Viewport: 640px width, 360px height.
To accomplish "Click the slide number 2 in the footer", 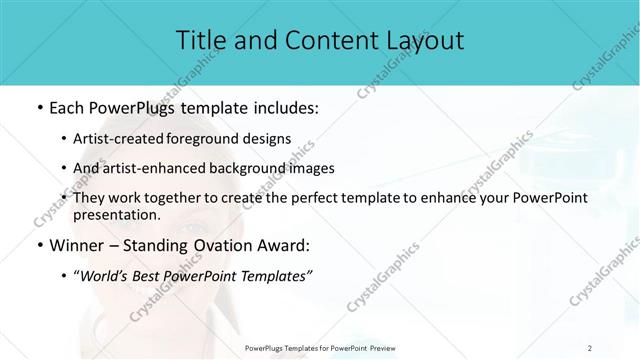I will [x=591, y=347].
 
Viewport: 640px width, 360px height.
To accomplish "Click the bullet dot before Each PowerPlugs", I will [x=38, y=107].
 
